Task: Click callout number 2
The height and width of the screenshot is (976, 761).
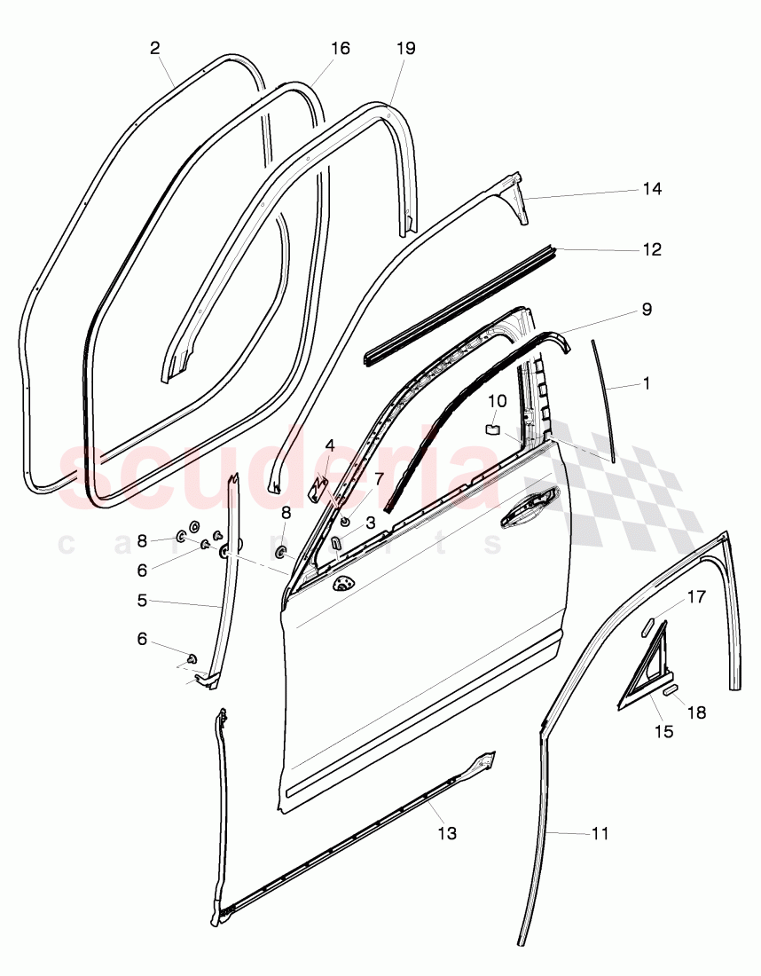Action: click(155, 49)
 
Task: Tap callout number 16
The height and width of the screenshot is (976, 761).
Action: click(341, 48)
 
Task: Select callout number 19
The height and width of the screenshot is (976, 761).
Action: click(405, 48)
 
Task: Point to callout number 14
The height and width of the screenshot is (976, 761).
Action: click(653, 189)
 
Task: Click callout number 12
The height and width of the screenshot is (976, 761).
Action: click(653, 250)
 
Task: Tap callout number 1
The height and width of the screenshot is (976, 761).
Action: click(647, 384)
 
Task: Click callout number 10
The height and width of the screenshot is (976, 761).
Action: click(498, 401)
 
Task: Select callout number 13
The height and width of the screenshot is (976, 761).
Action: click(448, 833)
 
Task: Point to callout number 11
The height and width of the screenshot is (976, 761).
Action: click(600, 833)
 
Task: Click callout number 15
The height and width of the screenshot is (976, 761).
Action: click(663, 732)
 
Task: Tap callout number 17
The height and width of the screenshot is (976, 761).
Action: click(696, 597)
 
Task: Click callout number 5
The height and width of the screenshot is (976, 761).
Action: click(142, 600)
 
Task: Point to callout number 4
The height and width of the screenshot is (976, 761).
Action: click(329, 445)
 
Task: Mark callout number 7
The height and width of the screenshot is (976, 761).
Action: click(379, 479)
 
